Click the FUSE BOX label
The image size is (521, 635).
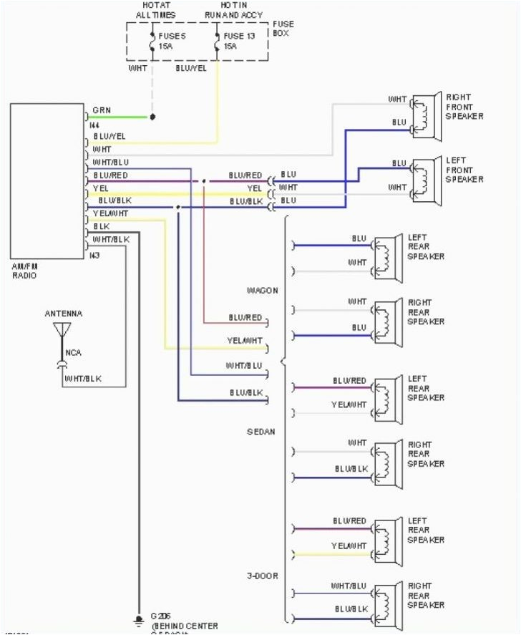click(x=283, y=29)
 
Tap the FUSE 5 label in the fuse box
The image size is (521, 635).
click(x=171, y=40)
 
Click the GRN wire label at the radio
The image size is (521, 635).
click(x=101, y=110)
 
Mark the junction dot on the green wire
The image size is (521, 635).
click(x=151, y=116)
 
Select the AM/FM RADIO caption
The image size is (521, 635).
click(x=25, y=271)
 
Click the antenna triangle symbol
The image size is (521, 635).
click(x=62, y=330)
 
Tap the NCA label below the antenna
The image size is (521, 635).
click(x=73, y=353)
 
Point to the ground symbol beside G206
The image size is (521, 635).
click(x=137, y=619)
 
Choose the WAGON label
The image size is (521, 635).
click(x=263, y=291)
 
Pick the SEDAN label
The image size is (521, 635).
click(x=260, y=432)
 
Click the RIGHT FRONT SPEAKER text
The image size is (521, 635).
click(x=464, y=107)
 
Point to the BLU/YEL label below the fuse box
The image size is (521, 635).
click(x=190, y=69)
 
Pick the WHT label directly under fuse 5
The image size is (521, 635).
click(x=137, y=69)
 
